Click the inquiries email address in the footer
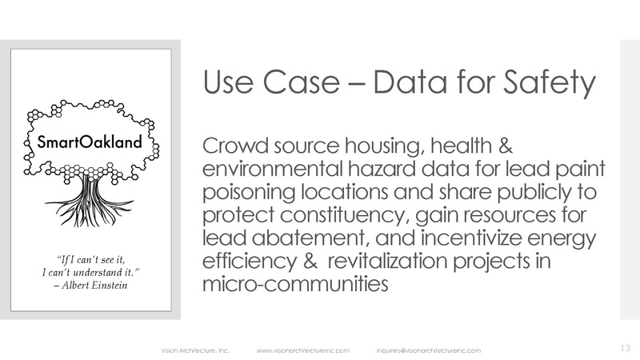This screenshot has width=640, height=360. click(428, 350)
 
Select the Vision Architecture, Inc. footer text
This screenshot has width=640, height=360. click(186, 350)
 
